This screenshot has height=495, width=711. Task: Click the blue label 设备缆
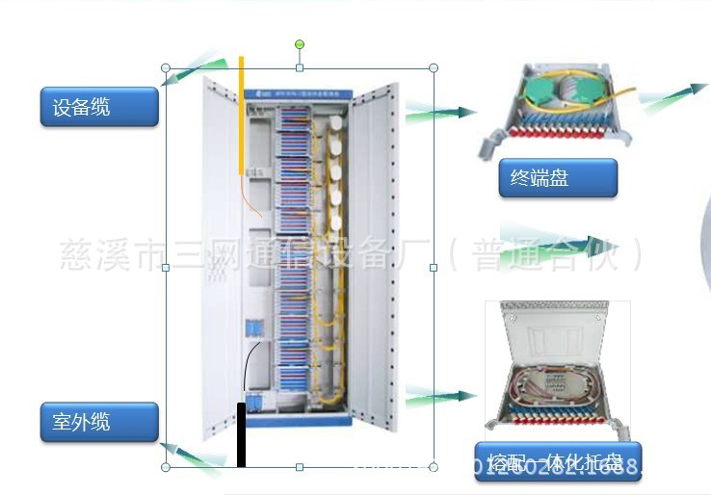tap(98, 107)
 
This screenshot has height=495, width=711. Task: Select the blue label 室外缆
tap(98, 422)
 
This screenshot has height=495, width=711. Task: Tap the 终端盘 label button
tap(557, 178)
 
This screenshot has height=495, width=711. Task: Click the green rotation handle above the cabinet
tap(300, 44)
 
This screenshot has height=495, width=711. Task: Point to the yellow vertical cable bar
tap(241, 116)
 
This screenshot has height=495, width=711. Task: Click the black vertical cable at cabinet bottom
tap(241, 433)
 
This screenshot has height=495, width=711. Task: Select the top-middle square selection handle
tap(300, 68)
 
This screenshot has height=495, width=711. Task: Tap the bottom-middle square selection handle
tap(300, 467)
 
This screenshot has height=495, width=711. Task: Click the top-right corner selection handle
tap(434, 68)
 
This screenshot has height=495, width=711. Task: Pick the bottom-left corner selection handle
tap(166, 467)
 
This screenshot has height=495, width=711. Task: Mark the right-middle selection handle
tap(434, 268)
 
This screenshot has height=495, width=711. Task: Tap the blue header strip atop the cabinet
tap(299, 94)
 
